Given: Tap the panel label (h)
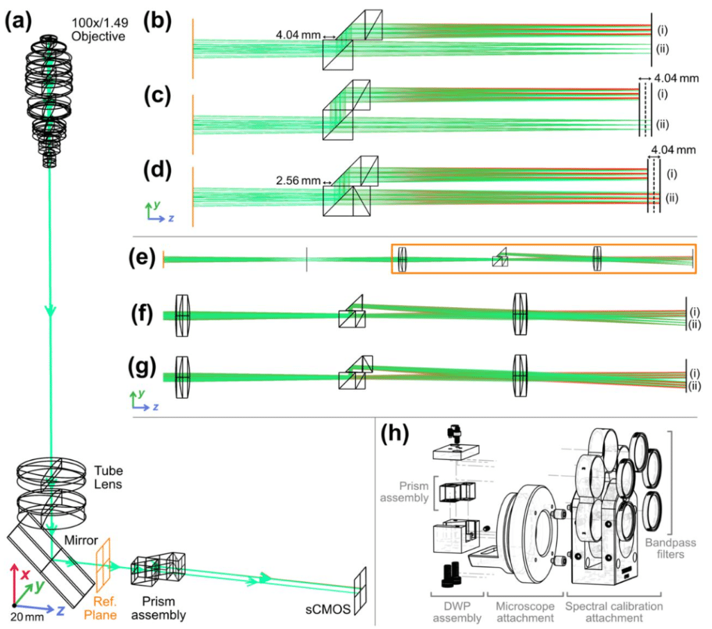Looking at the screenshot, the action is pos(395,434).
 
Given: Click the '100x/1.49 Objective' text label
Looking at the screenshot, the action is pos(100,29).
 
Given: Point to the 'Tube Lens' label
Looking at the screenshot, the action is pos(108,477).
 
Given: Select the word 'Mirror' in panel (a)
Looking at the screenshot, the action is pos(81,540).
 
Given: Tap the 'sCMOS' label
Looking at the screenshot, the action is pos(328,609).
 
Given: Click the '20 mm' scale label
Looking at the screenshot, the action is pos(27,617).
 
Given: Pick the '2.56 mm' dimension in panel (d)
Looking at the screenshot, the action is pos(298,181).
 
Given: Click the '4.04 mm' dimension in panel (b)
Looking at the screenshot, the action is pos(298,35).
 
